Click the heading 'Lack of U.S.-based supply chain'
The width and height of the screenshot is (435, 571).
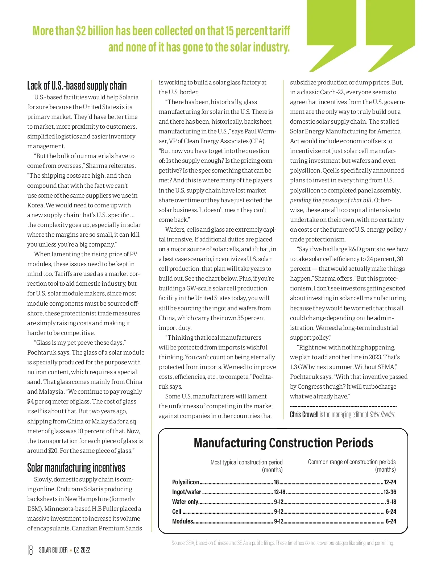(x=77, y=86)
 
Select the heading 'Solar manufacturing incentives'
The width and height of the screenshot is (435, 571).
(x=76, y=468)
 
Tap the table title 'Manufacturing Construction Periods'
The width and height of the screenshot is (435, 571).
(x=283, y=443)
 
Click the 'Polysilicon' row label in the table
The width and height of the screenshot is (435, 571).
(x=186, y=482)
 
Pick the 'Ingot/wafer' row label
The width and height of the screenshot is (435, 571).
(x=186, y=492)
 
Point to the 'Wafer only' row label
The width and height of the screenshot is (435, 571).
(x=185, y=502)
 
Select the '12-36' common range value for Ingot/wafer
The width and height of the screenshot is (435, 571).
(x=390, y=492)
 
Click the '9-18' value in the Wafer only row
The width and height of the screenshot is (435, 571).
(x=391, y=502)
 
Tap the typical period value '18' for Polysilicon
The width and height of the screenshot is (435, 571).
(x=277, y=482)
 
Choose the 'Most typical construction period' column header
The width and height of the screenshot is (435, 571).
(x=246, y=462)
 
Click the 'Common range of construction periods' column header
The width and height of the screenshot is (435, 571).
(x=352, y=462)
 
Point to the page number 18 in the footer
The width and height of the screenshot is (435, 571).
(x=30, y=550)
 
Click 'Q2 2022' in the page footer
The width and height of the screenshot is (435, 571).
(x=82, y=550)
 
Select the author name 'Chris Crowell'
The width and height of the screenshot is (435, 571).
(x=304, y=415)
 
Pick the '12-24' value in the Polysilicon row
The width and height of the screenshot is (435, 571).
(x=390, y=482)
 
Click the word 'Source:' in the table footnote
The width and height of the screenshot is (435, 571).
(x=178, y=543)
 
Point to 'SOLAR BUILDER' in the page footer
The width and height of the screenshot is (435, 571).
(x=53, y=550)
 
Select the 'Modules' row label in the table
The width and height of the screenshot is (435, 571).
(x=183, y=521)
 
